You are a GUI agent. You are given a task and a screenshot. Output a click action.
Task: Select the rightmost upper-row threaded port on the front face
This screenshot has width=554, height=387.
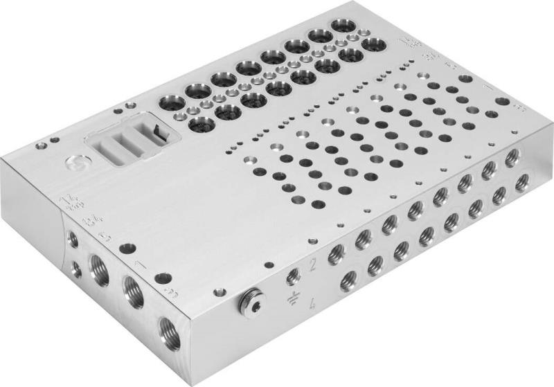[512, 158]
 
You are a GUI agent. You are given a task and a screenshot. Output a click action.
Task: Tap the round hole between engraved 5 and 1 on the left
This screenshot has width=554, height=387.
[125, 249]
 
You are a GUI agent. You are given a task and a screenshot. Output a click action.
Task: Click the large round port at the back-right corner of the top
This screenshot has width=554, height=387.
[374, 46]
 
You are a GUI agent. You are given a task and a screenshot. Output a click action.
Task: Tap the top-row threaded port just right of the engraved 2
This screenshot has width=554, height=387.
[337, 252]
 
